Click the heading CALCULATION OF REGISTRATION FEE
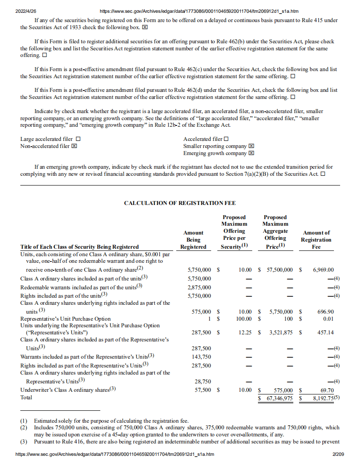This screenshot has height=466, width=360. pos(180,203)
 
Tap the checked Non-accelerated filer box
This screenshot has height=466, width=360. pos(74,146)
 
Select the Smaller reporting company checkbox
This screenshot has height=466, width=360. pos(251,146)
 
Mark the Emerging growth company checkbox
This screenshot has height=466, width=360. pos(251,153)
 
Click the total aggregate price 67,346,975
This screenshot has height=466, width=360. pos(278,398)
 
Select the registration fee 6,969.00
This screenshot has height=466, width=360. pos(322,269)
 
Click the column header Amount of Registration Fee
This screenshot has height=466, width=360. pos(316,239)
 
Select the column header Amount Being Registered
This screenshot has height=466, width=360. pos(193,239)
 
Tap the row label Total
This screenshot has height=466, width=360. pos(27,397)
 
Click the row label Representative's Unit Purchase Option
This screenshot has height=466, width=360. pos(65,318)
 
